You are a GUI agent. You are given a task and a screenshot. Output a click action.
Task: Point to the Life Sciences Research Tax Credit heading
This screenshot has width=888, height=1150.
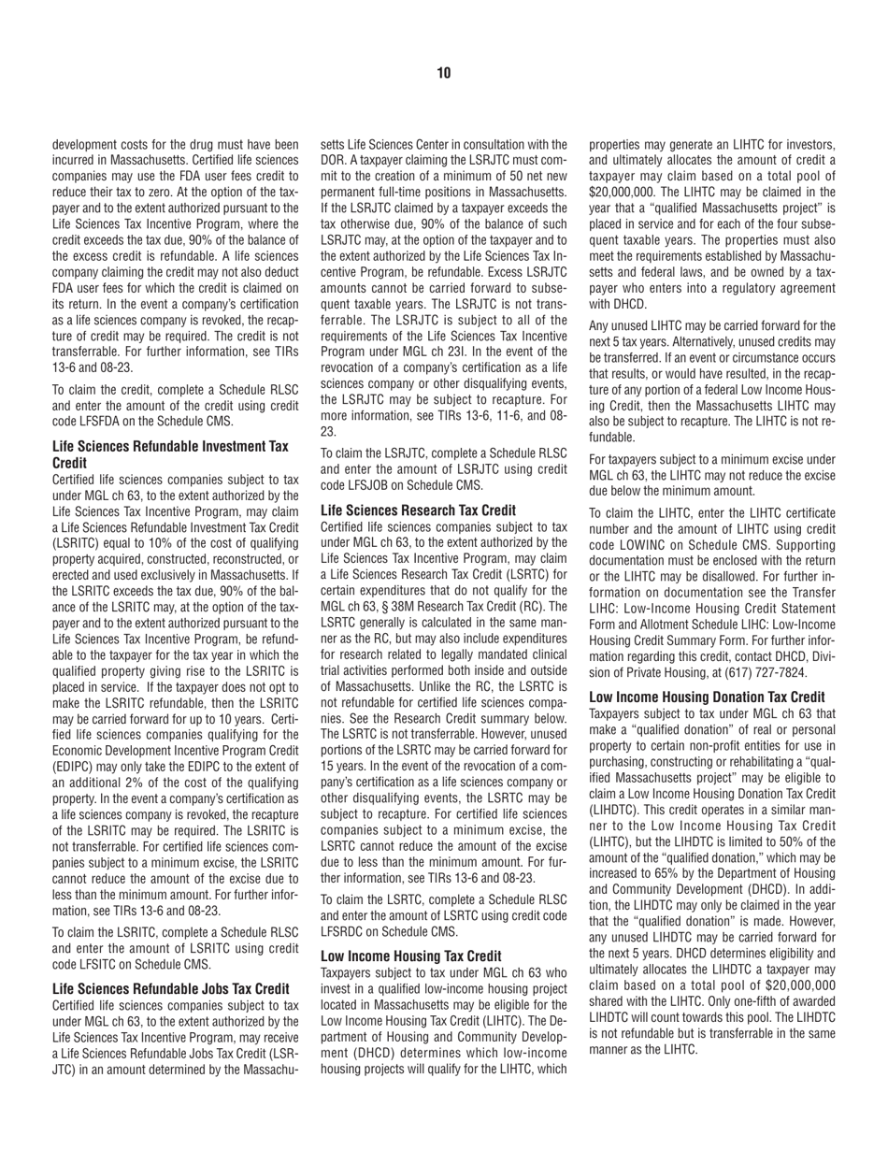coord(418,510)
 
